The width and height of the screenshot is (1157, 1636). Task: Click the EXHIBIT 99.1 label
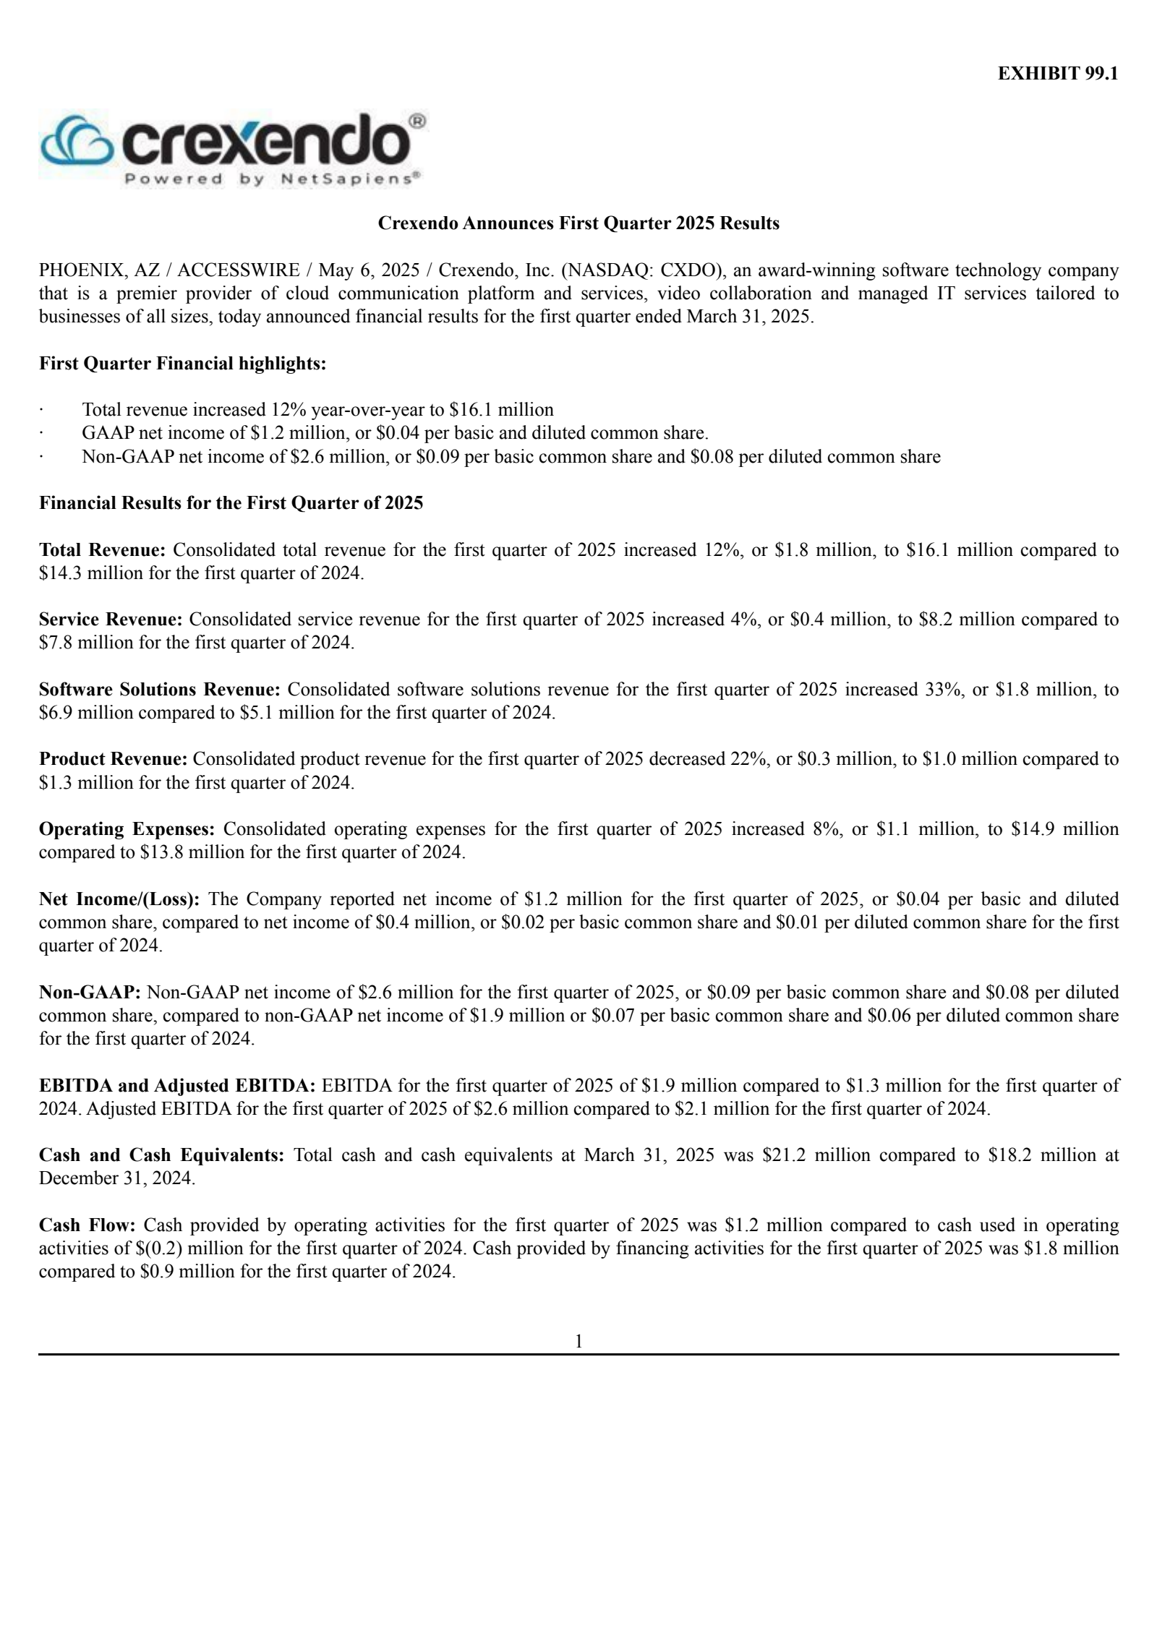[x=1058, y=74]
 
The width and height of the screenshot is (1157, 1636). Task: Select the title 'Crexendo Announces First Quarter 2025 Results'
[x=578, y=223]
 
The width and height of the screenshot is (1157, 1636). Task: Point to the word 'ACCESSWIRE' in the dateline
[x=239, y=270]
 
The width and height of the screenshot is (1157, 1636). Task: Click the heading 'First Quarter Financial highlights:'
[x=182, y=364]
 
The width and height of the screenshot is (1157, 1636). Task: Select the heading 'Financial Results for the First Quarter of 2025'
[x=231, y=503]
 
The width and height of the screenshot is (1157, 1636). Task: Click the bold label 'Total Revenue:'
[x=103, y=550]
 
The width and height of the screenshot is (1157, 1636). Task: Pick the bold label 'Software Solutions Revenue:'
[x=159, y=690]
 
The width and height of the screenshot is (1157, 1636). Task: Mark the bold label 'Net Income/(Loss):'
[x=119, y=899]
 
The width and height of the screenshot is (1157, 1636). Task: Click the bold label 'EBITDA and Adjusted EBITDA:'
[x=177, y=1085]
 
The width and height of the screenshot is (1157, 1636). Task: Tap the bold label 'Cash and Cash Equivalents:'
[x=161, y=1155]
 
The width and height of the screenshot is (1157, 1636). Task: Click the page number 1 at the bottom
[x=578, y=1342]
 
